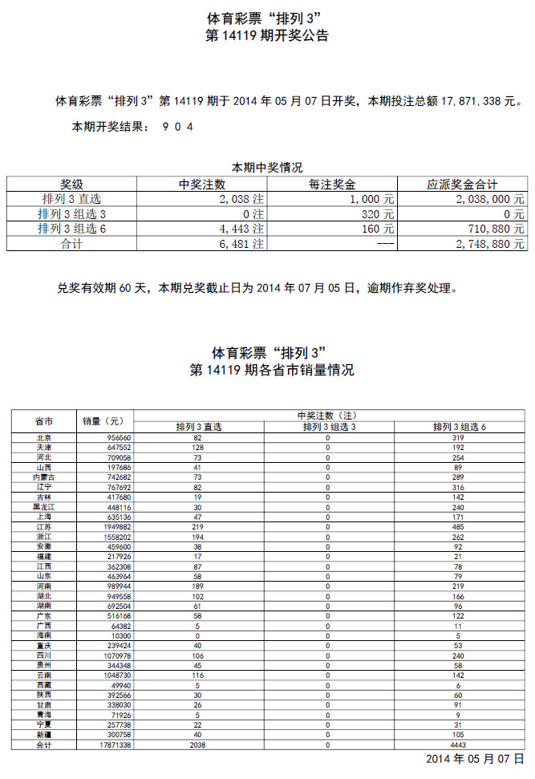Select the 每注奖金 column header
tap(331, 184)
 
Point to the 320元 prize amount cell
tap(377, 214)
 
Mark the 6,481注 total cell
tap(241, 244)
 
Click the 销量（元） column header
tap(105, 420)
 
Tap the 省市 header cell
tap(44, 420)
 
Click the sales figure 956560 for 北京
tap(118, 437)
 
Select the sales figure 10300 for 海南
tap(121, 636)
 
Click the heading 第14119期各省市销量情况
tap(271, 371)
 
